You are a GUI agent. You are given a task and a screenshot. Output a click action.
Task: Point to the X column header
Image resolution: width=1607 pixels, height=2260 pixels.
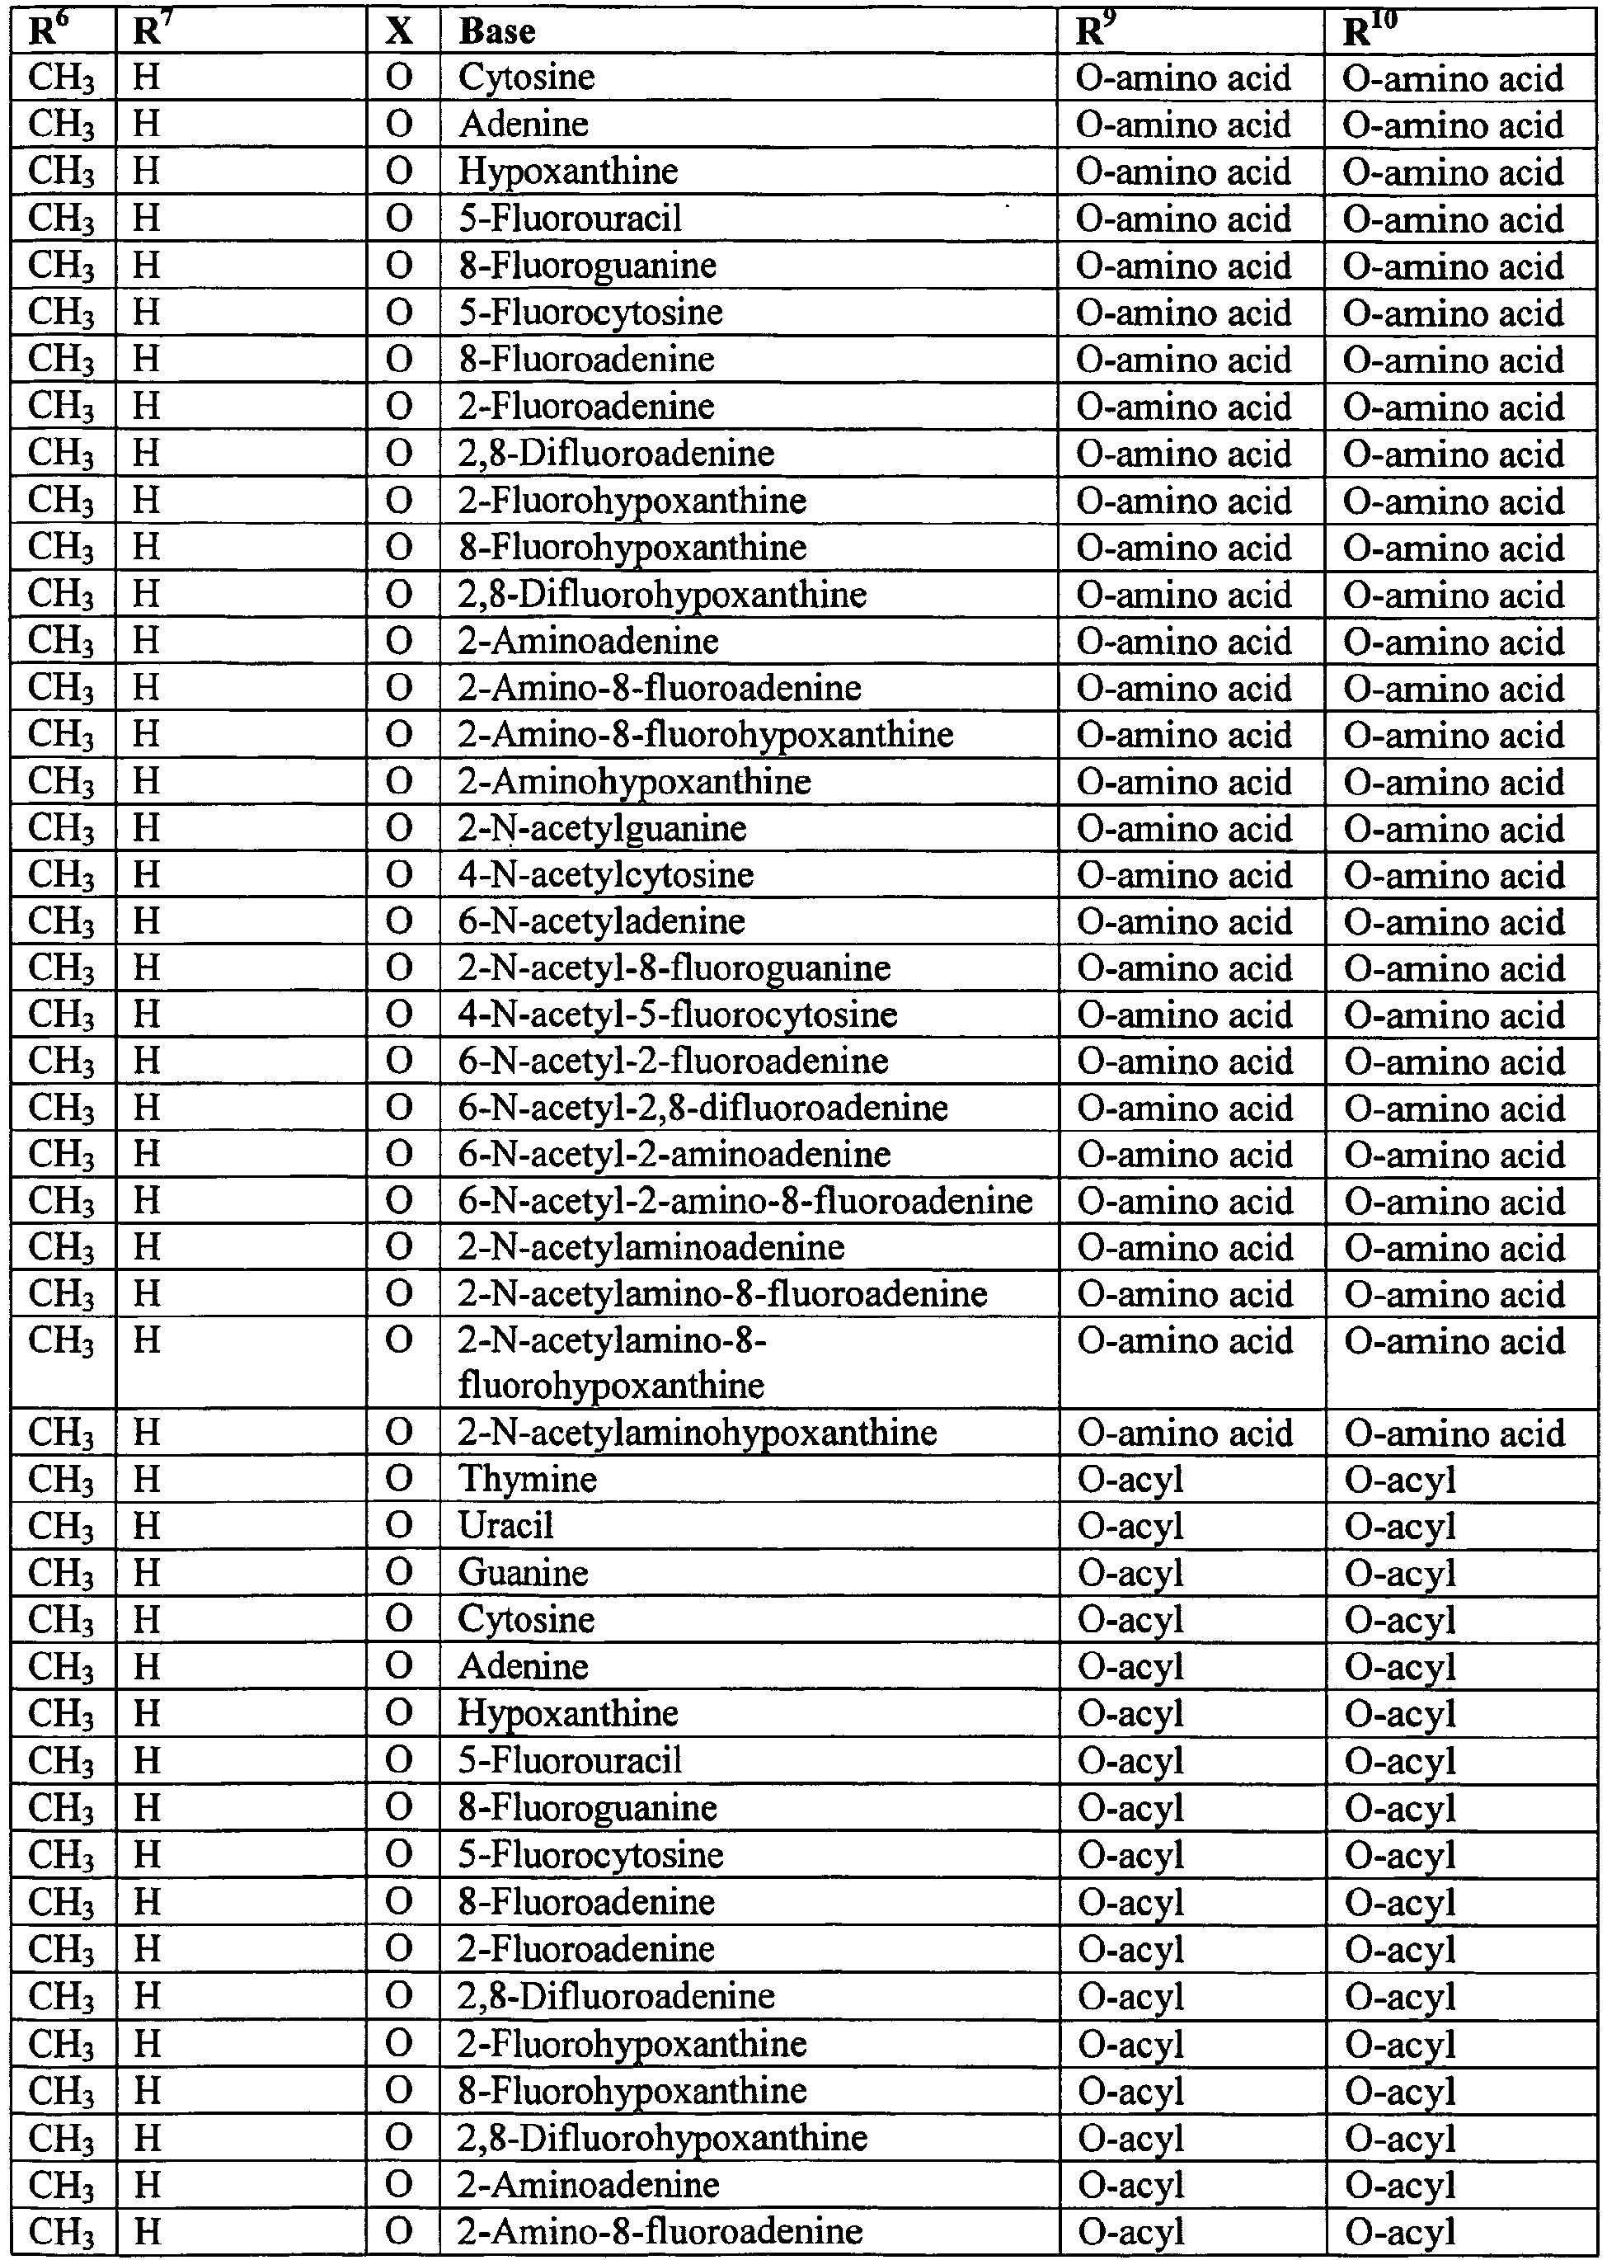click(399, 31)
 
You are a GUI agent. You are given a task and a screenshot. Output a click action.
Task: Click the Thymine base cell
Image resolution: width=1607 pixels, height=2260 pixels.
click(528, 1479)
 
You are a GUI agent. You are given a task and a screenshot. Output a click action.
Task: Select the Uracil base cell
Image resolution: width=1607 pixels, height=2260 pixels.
click(505, 1525)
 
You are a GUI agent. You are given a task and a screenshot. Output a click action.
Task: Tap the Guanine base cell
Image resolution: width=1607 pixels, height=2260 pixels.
click(523, 1572)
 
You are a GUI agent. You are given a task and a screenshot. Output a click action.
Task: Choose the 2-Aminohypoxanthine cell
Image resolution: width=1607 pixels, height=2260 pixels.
click(634, 782)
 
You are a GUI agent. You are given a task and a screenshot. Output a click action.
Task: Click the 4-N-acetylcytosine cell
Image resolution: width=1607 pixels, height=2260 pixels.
click(605, 875)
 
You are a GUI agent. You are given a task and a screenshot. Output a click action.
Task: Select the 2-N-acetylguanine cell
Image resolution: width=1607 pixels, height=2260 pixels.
click(602, 829)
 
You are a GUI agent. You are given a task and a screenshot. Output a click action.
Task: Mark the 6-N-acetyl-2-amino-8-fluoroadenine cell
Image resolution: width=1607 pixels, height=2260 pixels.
click(745, 1201)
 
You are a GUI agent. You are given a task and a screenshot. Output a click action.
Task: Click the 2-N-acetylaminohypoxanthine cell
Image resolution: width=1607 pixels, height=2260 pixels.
click(697, 1433)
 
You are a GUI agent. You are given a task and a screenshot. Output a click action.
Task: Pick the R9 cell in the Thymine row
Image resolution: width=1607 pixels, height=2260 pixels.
click(1131, 1479)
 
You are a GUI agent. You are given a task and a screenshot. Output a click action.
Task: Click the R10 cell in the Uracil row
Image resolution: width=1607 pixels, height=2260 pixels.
click(1400, 1525)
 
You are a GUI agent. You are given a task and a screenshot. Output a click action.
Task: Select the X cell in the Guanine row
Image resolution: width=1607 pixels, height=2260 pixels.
click(399, 1572)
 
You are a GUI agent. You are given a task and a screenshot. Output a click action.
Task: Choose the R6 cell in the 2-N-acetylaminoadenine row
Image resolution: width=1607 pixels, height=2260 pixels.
click(61, 1247)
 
